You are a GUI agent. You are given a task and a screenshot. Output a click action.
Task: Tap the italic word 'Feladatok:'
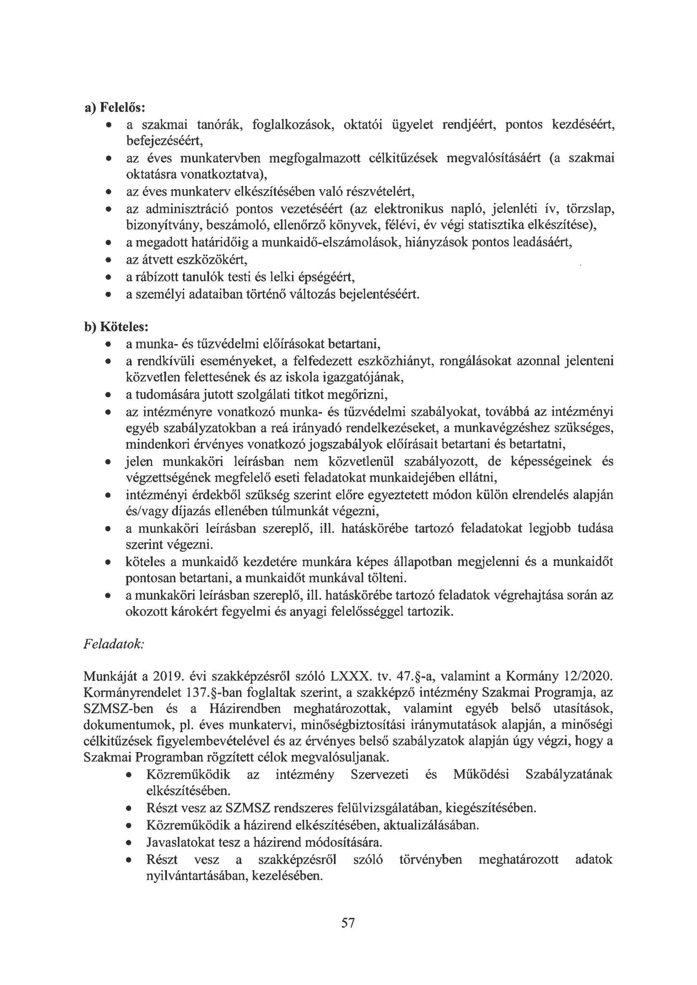[x=114, y=644]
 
